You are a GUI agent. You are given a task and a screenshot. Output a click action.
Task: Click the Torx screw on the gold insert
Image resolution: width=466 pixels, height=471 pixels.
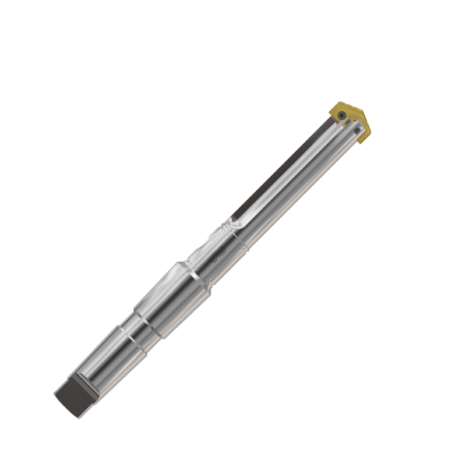click(344, 115)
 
